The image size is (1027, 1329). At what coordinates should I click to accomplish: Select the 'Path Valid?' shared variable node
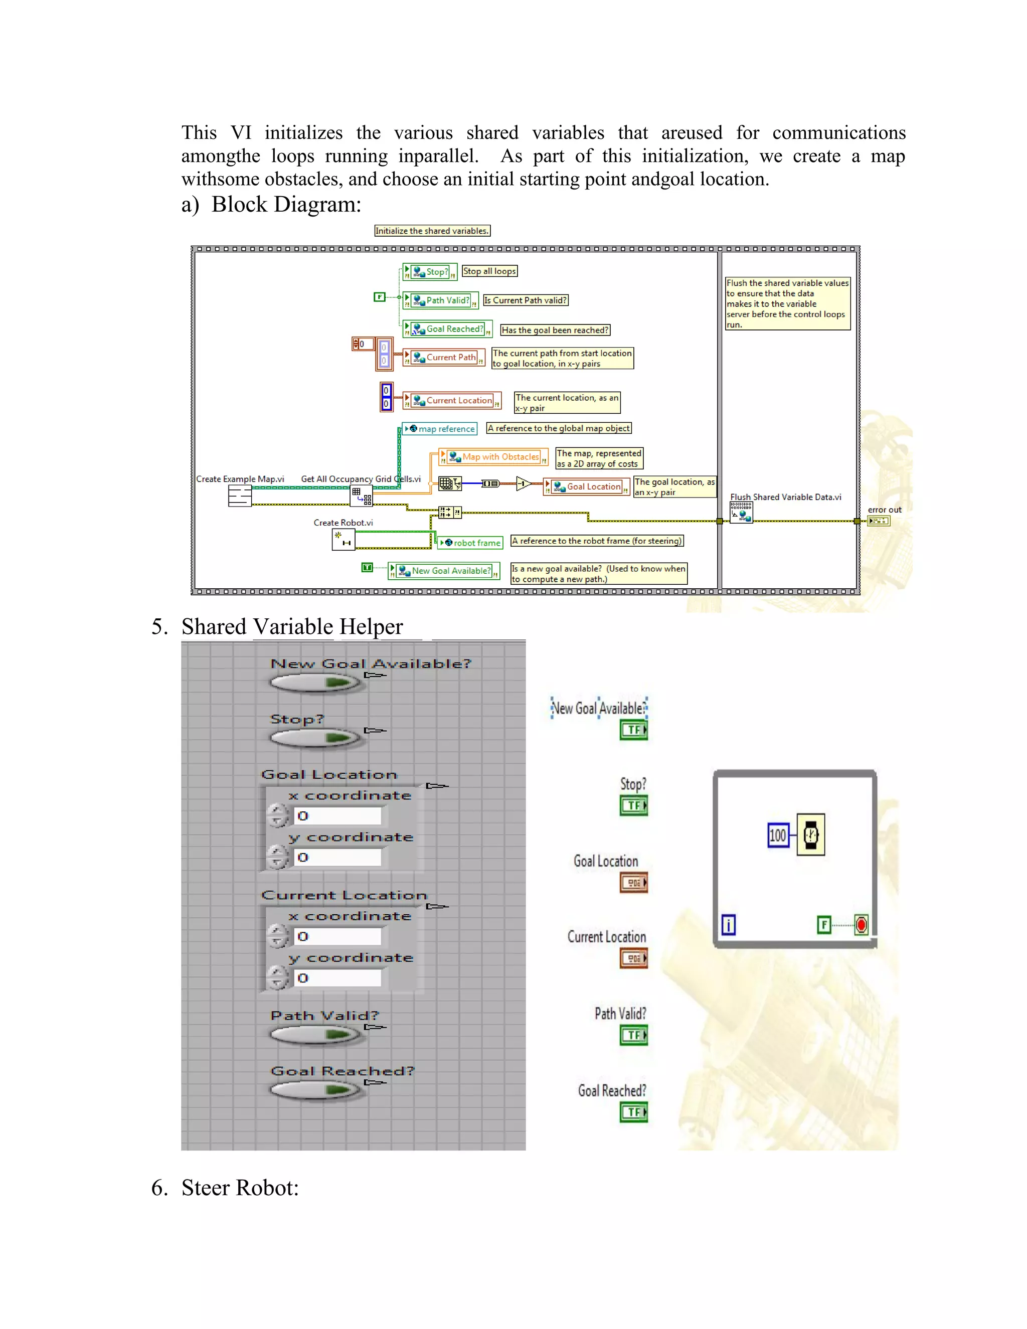(441, 300)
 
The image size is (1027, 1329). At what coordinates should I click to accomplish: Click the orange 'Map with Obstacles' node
(493, 457)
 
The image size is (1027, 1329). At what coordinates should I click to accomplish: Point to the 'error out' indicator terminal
(879, 521)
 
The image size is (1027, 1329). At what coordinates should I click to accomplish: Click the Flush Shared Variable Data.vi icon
(741, 513)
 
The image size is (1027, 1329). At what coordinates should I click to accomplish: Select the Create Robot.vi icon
(343, 540)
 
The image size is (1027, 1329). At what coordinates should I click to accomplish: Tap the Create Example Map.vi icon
(240, 496)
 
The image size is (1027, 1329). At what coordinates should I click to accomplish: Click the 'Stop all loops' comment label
(489, 271)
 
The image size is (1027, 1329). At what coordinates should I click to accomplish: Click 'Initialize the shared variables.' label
(432, 231)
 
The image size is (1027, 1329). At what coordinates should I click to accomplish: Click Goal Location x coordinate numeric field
(337, 816)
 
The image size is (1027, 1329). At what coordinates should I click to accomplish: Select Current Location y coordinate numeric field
(337, 978)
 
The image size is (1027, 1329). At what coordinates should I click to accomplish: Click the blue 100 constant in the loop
(778, 836)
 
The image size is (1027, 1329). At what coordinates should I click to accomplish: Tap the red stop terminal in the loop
(861, 925)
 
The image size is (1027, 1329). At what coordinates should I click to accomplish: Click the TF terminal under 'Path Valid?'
(633, 1035)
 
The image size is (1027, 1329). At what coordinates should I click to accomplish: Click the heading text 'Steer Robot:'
(240, 1188)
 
